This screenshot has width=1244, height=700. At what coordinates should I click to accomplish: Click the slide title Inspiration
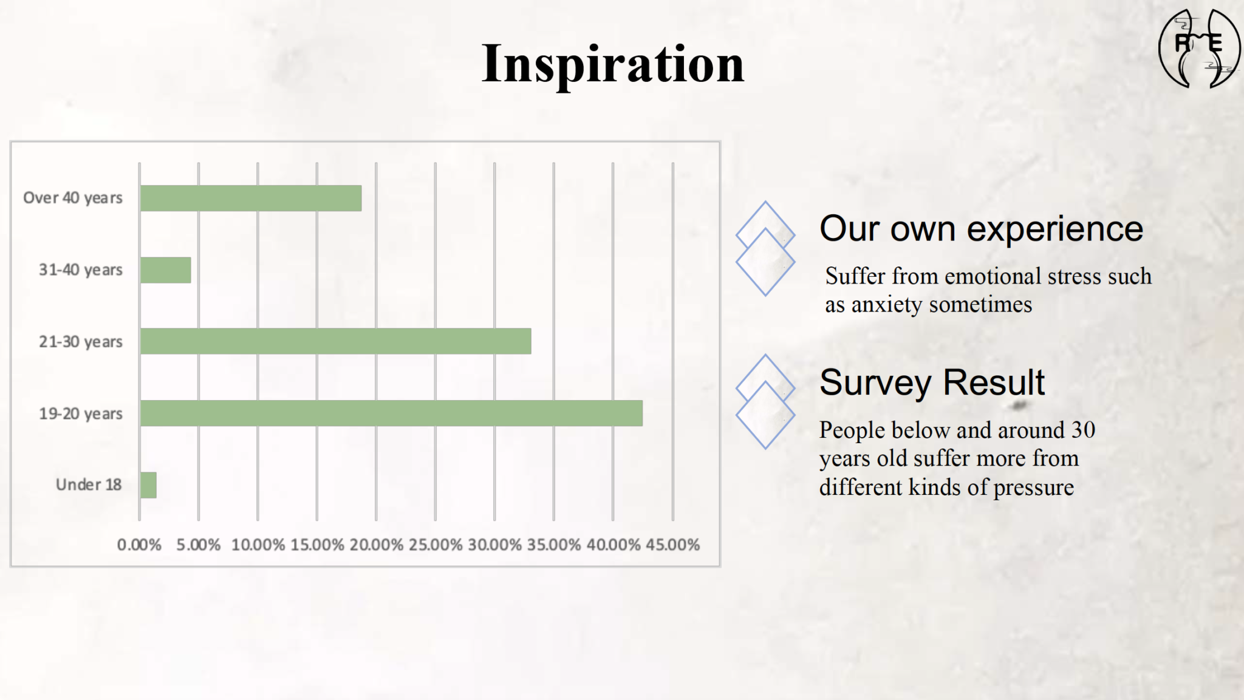(612, 65)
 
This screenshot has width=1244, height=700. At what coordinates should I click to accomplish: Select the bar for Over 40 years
(251, 199)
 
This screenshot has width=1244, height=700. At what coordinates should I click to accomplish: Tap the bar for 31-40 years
(166, 270)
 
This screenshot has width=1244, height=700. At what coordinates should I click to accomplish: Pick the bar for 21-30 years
(336, 341)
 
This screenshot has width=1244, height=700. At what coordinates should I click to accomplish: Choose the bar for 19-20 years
(391, 413)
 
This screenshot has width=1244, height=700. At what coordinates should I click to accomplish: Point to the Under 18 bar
(148, 485)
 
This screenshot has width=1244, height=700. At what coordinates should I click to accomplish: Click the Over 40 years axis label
(73, 198)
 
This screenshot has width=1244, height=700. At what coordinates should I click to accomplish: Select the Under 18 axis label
(89, 484)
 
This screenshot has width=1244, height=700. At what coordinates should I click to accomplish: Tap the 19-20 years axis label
(81, 413)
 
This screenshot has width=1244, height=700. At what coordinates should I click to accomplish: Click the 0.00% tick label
(139, 545)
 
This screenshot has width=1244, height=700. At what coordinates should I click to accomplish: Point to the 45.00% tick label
(672, 545)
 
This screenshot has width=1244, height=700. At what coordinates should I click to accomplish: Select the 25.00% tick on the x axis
(435, 545)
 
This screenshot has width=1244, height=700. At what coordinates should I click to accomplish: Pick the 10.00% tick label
(258, 545)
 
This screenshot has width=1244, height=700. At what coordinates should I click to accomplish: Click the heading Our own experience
(982, 229)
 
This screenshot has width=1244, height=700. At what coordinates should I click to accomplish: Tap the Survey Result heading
(932, 382)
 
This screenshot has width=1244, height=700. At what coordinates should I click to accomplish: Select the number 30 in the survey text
(1083, 430)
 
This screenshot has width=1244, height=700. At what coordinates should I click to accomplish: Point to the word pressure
(1034, 488)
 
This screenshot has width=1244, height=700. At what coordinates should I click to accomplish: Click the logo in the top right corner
(1198, 49)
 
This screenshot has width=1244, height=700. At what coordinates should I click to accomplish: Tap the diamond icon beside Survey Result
(765, 401)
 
